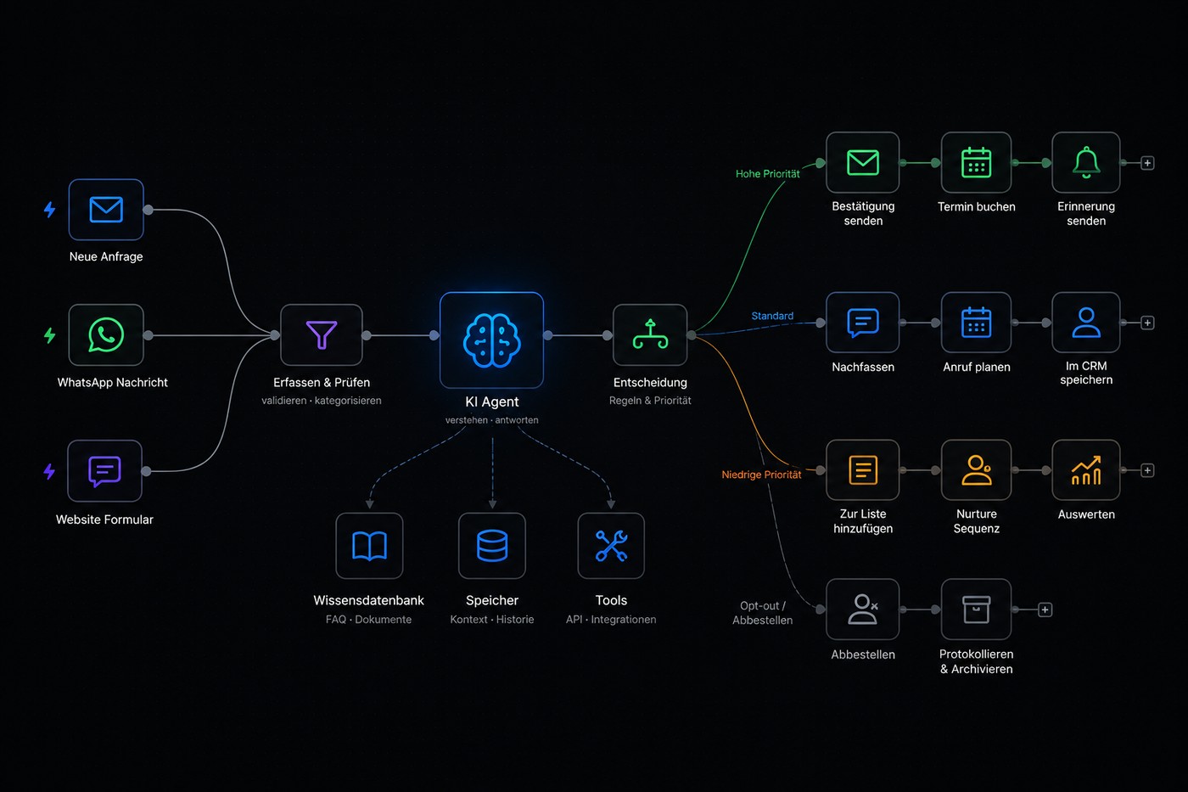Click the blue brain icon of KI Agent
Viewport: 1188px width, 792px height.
tap(491, 340)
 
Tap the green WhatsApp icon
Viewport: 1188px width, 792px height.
tap(106, 334)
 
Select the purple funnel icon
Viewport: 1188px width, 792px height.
tap(322, 334)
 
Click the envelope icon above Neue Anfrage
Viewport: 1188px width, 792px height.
tap(106, 209)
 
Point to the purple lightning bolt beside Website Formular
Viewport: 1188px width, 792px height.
tap(49, 471)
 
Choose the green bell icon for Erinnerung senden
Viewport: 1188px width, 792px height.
tap(1085, 162)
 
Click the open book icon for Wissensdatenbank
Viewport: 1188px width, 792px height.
tap(369, 546)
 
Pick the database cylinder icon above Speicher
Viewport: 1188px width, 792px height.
tap(492, 545)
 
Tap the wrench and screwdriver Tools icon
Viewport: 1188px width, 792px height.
tap(611, 545)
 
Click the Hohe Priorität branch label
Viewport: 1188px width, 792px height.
tap(767, 173)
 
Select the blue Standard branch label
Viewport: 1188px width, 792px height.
tap(772, 316)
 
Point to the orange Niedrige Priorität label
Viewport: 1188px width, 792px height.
tap(761, 475)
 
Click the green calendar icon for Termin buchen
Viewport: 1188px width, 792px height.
tap(976, 162)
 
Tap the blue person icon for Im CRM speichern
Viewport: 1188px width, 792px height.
tap(1085, 323)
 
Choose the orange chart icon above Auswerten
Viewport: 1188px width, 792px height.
tap(1085, 470)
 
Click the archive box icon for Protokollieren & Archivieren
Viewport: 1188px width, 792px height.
tap(976, 609)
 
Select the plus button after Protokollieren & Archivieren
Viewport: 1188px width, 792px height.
tap(1045, 609)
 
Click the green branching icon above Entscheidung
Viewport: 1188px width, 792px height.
tap(650, 334)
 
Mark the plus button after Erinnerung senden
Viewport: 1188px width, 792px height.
tap(1147, 163)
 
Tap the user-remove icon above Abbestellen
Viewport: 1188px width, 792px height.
tap(863, 609)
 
